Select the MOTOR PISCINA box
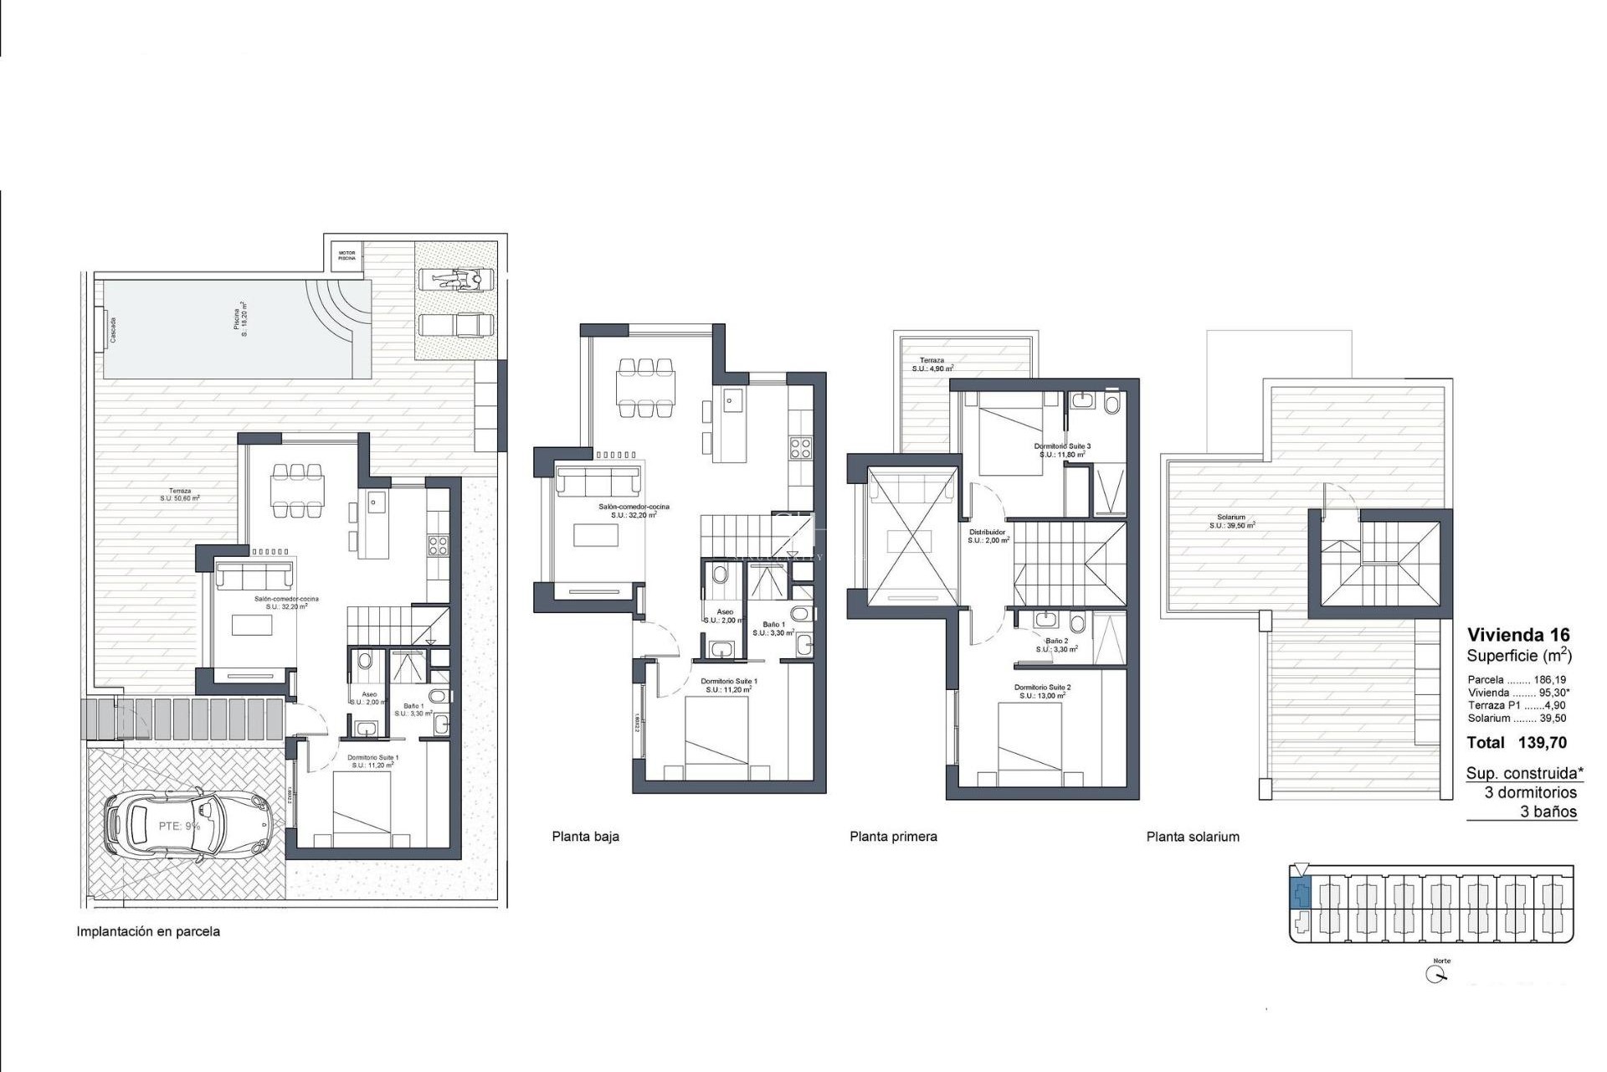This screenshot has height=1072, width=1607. coord(347,255)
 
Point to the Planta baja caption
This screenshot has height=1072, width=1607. coord(585,836)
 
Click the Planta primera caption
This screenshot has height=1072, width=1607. coord(893,836)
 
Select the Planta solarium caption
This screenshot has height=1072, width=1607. coord(1193,836)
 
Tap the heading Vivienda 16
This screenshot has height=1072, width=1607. coord(1518,635)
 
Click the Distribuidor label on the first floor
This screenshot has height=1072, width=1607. coord(987,532)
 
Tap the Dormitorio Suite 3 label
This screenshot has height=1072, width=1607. coord(1062,446)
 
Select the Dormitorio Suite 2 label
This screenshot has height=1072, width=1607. coord(1042,687)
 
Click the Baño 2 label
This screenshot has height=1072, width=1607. coord(1056,641)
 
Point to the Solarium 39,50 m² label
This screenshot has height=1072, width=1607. coord(1231,521)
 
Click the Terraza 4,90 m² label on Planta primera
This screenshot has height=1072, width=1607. coord(932,363)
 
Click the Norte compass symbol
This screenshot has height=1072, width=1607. coord(1438,974)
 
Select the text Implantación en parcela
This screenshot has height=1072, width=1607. coord(148,931)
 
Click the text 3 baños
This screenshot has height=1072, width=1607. coord(1548,812)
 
